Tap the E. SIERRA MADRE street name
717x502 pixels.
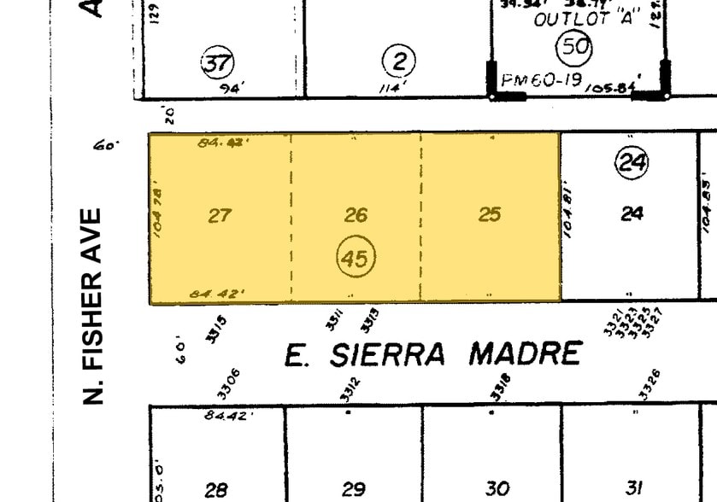(433, 353)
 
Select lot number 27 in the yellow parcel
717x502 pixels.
(220, 215)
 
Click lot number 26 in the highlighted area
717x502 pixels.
(356, 214)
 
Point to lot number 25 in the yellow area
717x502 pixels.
(489, 213)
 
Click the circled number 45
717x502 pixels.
(356, 257)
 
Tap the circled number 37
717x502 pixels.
(217, 63)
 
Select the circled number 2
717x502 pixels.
(399, 61)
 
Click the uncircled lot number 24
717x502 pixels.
(632, 213)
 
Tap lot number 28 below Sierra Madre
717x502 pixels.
(216, 490)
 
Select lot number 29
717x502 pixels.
(354, 489)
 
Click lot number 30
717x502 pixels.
(497, 488)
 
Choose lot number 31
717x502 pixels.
(633, 487)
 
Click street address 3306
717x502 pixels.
(229, 384)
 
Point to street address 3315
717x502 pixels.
(217, 328)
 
